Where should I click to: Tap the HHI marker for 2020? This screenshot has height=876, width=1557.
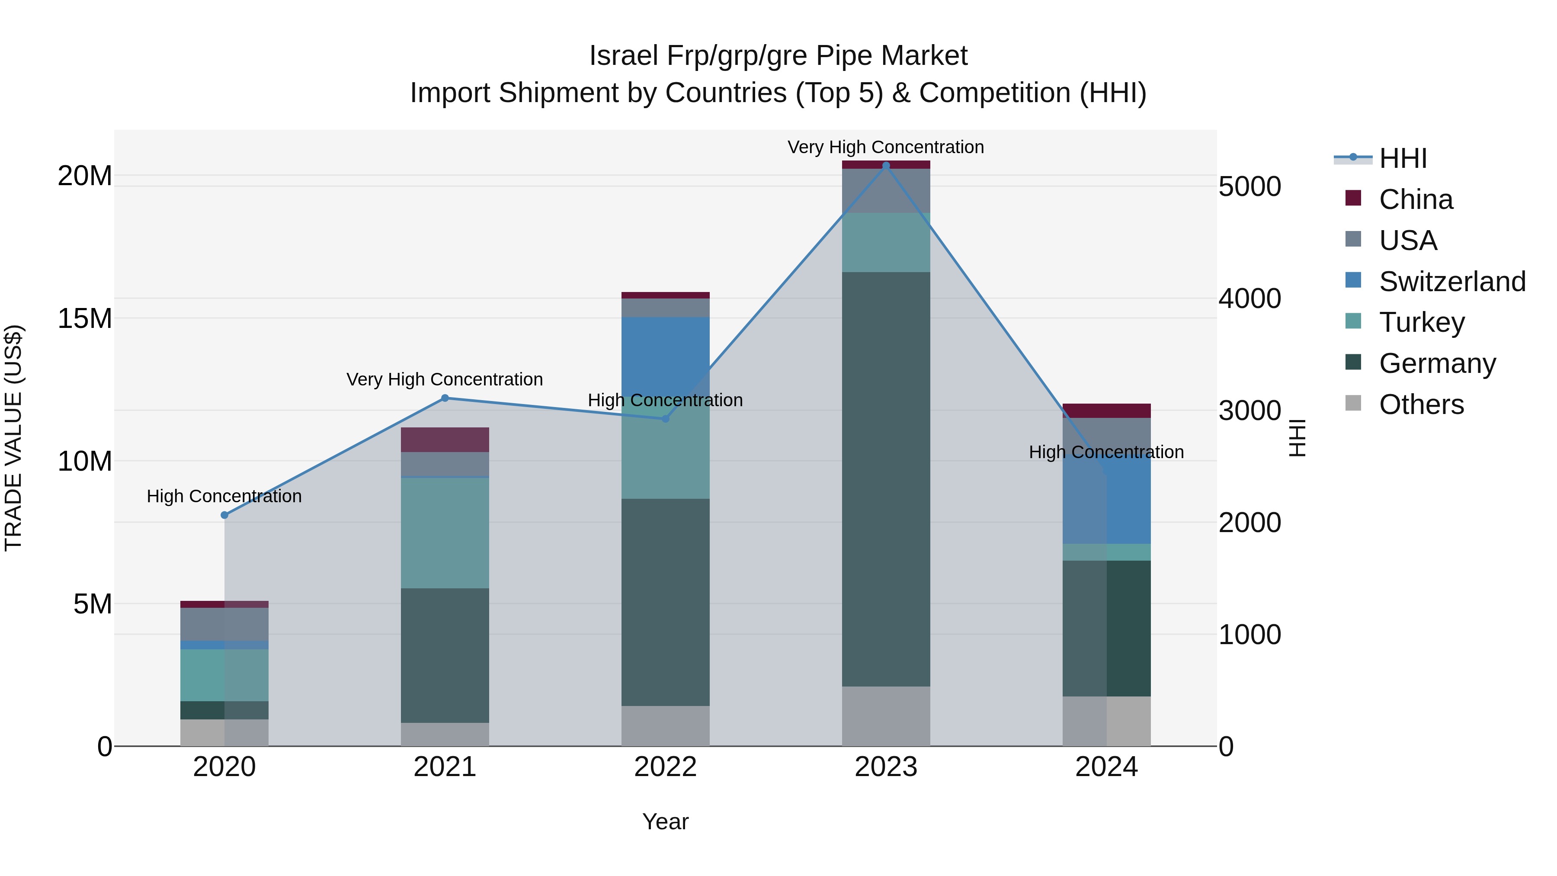click(x=224, y=515)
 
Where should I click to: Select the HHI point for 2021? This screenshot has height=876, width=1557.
click(x=445, y=398)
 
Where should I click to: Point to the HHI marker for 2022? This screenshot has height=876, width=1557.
click(x=666, y=418)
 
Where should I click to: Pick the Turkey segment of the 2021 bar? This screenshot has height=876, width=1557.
click(x=445, y=532)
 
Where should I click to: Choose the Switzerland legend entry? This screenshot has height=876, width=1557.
click(x=1452, y=281)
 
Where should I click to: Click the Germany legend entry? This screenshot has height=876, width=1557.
click(x=1437, y=363)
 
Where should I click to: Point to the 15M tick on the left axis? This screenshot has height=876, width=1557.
click(x=85, y=318)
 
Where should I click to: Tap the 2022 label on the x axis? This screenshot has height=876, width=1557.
click(x=666, y=767)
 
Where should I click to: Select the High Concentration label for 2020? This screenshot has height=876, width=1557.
click(x=224, y=496)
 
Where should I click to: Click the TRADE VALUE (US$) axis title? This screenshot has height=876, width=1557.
click(x=14, y=438)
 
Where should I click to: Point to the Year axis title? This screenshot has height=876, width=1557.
click(x=666, y=821)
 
